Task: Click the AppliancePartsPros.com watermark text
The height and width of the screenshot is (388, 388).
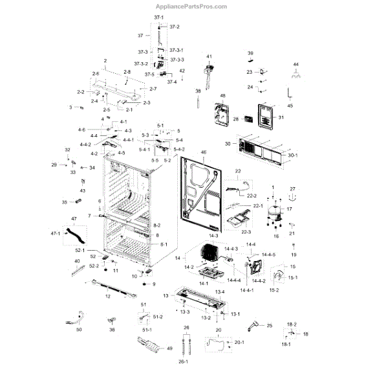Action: coord(193,7)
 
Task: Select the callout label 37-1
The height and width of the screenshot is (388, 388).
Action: coord(158,16)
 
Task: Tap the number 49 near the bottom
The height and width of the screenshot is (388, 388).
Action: coord(169,348)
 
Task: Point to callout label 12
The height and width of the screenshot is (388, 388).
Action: coord(107,296)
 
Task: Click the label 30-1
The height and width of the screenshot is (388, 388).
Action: coord(292,155)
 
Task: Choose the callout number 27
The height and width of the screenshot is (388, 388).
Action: coord(292,188)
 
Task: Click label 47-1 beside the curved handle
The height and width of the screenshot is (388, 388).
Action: coord(55,233)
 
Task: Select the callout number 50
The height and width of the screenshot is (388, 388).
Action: coord(78,330)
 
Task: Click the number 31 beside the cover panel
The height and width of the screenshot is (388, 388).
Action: coord(281,117)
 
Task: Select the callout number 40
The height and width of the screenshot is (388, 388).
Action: coord(77,261)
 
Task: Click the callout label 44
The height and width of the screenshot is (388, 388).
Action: coord(296,65)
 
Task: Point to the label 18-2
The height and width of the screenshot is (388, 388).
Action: coord(292,323)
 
